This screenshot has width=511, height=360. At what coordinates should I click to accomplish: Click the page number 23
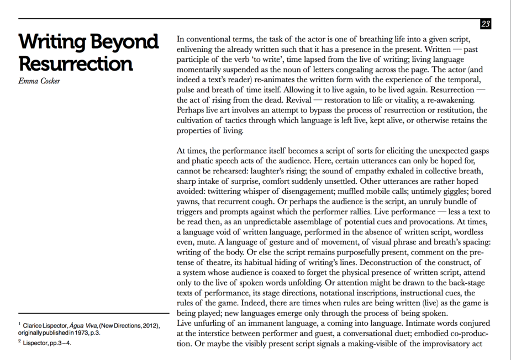coord(486,24)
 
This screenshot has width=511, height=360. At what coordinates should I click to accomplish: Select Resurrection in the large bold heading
coord(75,64)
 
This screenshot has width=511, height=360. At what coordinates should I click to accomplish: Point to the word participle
coord(194,60)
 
